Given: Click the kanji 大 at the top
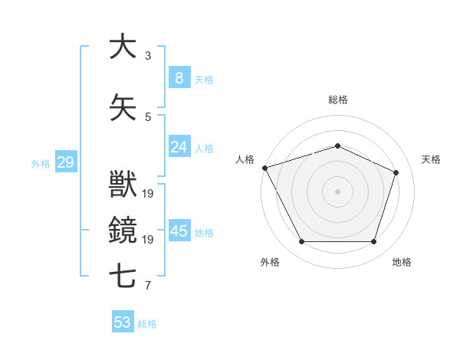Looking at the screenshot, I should click(x=122, y=47).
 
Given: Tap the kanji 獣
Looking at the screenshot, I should click(x=122, y=185).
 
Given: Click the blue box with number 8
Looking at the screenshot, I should click(x=179, y=77).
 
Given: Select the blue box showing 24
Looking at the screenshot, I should click(x=179, y=147).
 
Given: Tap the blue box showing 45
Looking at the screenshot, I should click(x=179, y=231).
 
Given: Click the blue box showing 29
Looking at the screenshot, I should click(x=65, y=162).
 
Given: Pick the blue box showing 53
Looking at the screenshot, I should click(x=123, y=322).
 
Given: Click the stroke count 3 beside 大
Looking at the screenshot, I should click(x=148, y=56).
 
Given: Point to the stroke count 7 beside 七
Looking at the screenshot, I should click(x=148, y=286).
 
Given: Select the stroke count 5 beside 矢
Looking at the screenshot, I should click(x=148, y=116).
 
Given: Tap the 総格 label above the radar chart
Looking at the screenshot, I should click(x=337, y=100).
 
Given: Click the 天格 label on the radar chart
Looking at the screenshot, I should click(x=431, y=159).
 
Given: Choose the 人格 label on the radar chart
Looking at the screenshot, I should click(x=245, y=159).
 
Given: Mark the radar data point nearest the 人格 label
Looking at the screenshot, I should click(x=264, y=168).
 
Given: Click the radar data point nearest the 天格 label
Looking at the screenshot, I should click(x=396, y=172).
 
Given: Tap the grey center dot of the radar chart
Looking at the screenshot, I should click(x=337, y=191).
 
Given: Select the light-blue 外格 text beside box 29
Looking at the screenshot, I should click(x=41, y=163).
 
